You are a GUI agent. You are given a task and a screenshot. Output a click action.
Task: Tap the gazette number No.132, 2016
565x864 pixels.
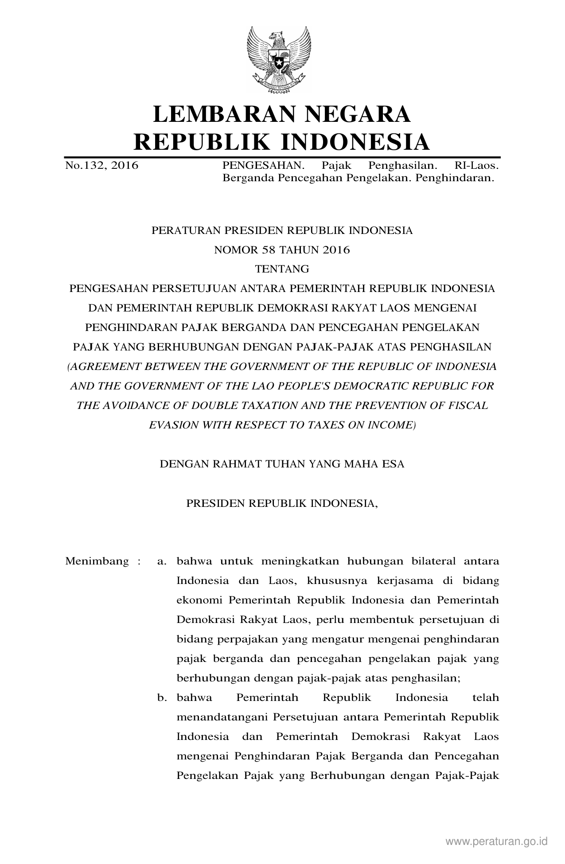point(101,166)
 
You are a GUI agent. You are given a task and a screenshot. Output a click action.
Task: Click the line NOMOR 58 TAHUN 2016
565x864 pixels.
point(282,250)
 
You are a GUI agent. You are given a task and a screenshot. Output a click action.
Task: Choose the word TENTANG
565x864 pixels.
point(282,269)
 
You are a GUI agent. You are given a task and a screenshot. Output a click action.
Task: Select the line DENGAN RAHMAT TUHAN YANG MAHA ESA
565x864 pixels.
point(282,464)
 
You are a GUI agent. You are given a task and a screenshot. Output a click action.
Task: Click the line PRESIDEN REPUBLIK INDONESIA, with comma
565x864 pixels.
point(282,503)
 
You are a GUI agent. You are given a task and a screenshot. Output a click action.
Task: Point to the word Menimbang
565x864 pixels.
point(97,561)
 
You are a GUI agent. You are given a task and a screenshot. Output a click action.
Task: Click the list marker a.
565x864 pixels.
point(162,562)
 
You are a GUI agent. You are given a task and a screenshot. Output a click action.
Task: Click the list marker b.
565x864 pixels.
point(162,698)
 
